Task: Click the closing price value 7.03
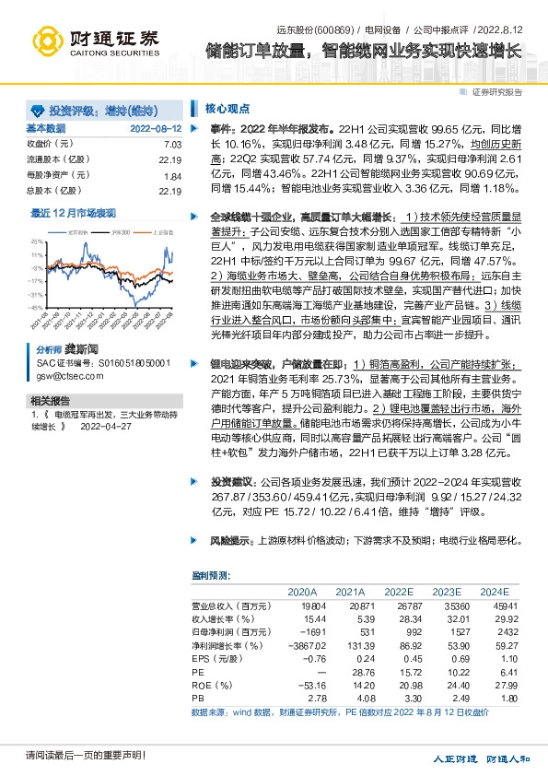(172, 144)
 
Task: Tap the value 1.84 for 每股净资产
(172, 175)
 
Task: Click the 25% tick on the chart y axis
(37, 241)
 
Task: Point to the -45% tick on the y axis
(35, 308)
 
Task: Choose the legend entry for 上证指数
(159, 233)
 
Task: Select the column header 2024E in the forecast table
(494, 592)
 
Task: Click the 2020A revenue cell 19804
(314, 606)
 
